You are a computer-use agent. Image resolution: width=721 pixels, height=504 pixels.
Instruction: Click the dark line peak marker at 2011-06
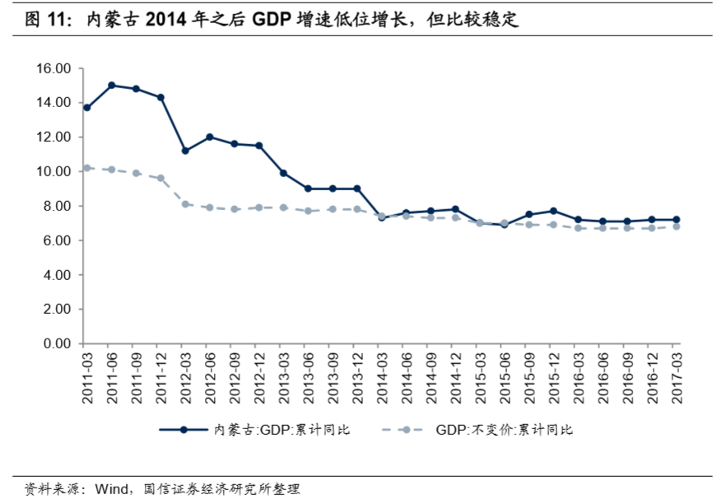tap(111, 85)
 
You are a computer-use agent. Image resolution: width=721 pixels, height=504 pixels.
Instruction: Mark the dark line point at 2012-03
tap(185, 151)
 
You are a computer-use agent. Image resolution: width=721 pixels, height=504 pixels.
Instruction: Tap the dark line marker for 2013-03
tap(283, 173)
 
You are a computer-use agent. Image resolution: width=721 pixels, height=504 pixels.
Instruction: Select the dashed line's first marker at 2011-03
tap(86, 168)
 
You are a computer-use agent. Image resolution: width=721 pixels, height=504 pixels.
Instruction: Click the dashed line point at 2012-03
tap(185, 204)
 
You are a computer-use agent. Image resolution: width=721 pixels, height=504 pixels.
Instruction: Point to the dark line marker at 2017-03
tap(677, 220)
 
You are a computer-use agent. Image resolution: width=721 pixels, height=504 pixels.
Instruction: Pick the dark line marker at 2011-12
tap(160, 97)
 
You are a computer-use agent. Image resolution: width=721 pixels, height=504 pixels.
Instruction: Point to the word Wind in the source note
tap(111, 489)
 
